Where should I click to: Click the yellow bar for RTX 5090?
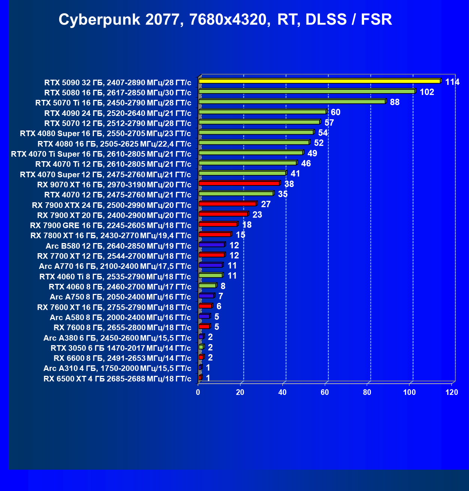[x=320, y=81]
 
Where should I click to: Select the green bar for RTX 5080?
[x=307, y=91]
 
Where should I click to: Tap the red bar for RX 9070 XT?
[x=239, y=183]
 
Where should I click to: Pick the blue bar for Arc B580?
[x=212, y=245]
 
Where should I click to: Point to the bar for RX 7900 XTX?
[x=227, y=204]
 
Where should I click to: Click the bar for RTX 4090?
[x=262, y=112]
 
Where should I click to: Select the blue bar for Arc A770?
[x=211, y=265]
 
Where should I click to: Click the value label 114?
[x=452, y=82]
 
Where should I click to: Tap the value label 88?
[x=394, y=102]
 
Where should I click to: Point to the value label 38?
[x=289, y=184]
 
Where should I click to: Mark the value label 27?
[x=266, y=204]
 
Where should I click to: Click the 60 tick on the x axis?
[x=325, y=392]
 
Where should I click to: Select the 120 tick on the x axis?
[x=452, y=392]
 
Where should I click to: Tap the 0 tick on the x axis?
[x=198, y=392]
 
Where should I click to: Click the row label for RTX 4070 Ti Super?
[x=101, y=154]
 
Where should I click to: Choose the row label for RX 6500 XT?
[x=117, y=379]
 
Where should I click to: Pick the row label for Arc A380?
[x=117, y=338]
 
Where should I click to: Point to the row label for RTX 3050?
[x=121, y=348]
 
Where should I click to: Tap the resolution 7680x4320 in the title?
[x=230, y=19]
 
